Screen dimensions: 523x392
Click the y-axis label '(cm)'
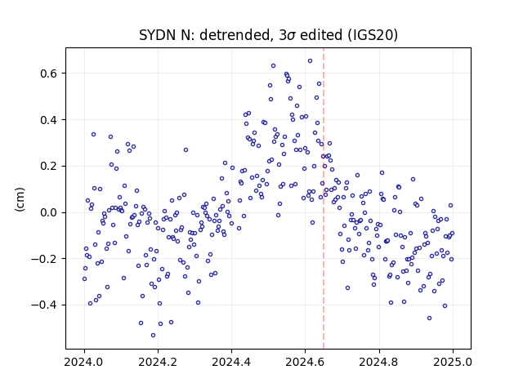click(x=20, y=199)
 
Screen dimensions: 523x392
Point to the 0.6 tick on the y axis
click(x=48, y=73)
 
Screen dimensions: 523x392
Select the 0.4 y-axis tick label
click(x=48, y=120)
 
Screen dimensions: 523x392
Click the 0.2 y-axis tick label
click(x=48, y=166)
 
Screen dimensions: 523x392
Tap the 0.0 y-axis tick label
click(x=48, y=212)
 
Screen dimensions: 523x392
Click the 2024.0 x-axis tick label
click(x=84, y=362)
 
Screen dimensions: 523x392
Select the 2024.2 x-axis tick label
click(x=158, y=362)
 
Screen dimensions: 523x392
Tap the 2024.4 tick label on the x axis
click(x=231, y=362)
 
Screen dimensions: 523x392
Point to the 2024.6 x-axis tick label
click(x=305, y=362)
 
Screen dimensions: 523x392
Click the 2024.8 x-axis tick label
click(x=379, y=362)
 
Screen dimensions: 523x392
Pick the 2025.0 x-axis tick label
click(x=453, y=362)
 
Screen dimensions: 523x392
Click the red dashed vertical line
click(x=324, y=198)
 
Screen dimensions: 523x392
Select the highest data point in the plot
click(x=310, y=61)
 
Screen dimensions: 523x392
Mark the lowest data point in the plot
click(x=153, y=336)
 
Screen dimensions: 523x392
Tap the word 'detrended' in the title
click(x=235, y=35)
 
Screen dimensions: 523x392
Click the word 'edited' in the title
click(x=321, y=35)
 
